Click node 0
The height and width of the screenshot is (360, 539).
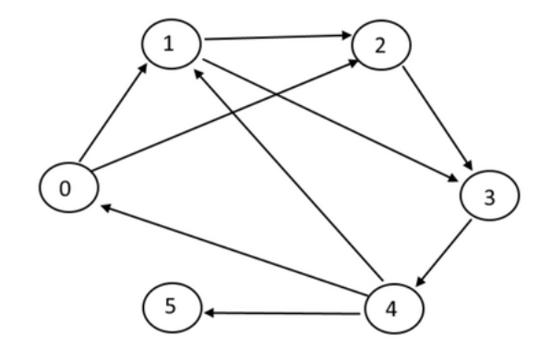[x=66, y=188]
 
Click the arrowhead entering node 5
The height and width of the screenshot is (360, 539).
[x=209, y=314]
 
